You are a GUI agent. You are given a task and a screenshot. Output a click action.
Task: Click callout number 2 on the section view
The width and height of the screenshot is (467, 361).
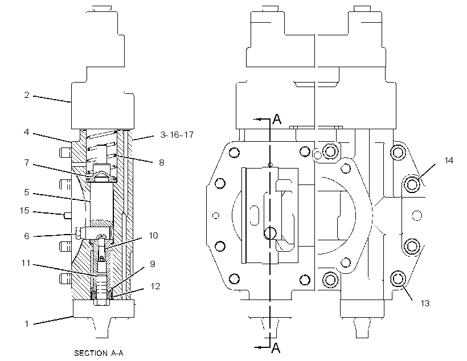click(x=27, y=95)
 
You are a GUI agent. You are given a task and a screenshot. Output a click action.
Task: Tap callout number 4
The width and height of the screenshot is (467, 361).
click(x=27, y=132)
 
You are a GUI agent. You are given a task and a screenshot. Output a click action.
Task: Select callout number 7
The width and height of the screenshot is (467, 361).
click(x=27, y=163)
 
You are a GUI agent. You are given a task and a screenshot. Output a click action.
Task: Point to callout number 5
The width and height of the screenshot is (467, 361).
click(x=27, y=192)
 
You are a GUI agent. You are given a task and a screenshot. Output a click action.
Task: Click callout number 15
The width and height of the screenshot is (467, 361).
click(x=24, y=211)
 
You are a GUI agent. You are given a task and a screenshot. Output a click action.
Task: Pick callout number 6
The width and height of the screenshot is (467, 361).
click(x=27, y=236)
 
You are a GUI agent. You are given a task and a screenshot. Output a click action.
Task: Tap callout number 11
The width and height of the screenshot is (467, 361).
click(x=26, y=263)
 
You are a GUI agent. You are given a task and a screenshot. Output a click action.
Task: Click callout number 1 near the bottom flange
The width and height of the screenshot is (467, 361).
click(x=27, y=324)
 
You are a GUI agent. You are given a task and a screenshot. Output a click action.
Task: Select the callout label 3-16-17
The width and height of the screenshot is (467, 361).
click(x=177, y=135)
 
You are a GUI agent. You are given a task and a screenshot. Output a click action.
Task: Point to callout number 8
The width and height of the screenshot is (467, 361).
click(x=161, y=163)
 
